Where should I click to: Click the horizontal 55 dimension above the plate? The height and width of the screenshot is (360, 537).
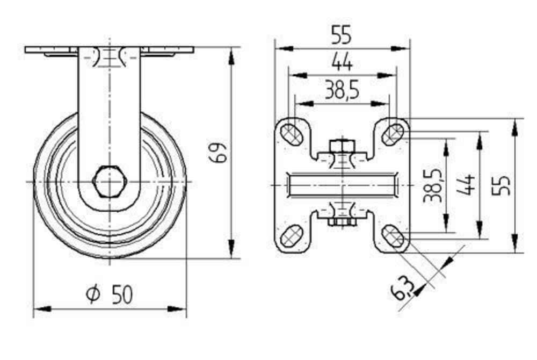coord(342,35)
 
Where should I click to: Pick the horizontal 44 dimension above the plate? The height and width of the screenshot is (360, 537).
coord(342,63)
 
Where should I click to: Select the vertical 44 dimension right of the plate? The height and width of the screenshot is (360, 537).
coord(466,185)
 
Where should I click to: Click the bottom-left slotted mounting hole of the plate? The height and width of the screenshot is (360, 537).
coord(291,235)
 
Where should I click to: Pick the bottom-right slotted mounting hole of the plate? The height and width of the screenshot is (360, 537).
coord(393,235)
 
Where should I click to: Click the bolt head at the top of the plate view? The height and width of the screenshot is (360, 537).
coord(342,146)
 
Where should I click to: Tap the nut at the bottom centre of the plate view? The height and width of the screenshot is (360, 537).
coord(342,222)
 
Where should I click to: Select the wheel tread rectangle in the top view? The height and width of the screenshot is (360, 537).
coord(342,186)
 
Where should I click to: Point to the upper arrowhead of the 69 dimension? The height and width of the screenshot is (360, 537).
coord(232,56)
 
